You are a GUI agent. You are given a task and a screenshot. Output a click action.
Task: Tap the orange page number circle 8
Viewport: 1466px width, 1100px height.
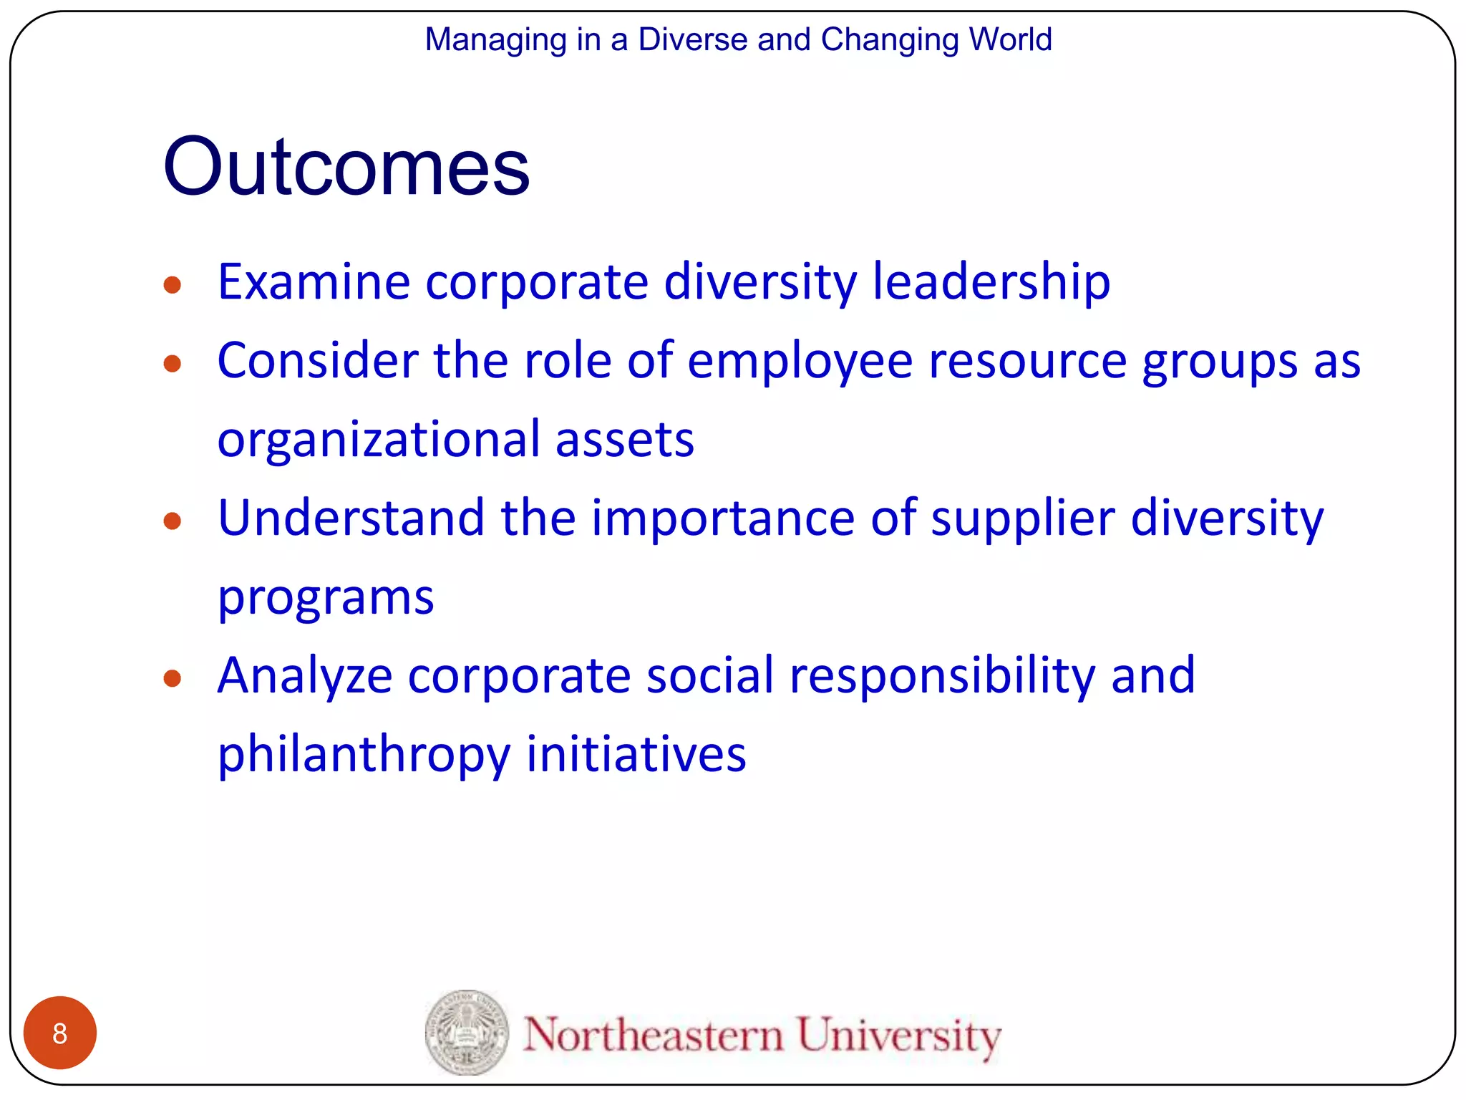(x=60, y=1033)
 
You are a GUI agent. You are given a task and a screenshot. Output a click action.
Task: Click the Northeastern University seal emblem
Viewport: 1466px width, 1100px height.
(x=467, y=1032)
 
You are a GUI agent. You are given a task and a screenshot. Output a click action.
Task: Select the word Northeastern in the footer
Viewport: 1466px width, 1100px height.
(x=653, y=1035)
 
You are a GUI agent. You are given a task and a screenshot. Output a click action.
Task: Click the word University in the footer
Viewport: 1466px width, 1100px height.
(x=899, y=1036)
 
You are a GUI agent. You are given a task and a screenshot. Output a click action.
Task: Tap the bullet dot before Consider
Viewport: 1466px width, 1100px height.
(x=172, y=364)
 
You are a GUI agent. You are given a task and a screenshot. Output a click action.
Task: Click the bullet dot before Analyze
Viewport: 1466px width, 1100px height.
(x=172, y=678)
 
